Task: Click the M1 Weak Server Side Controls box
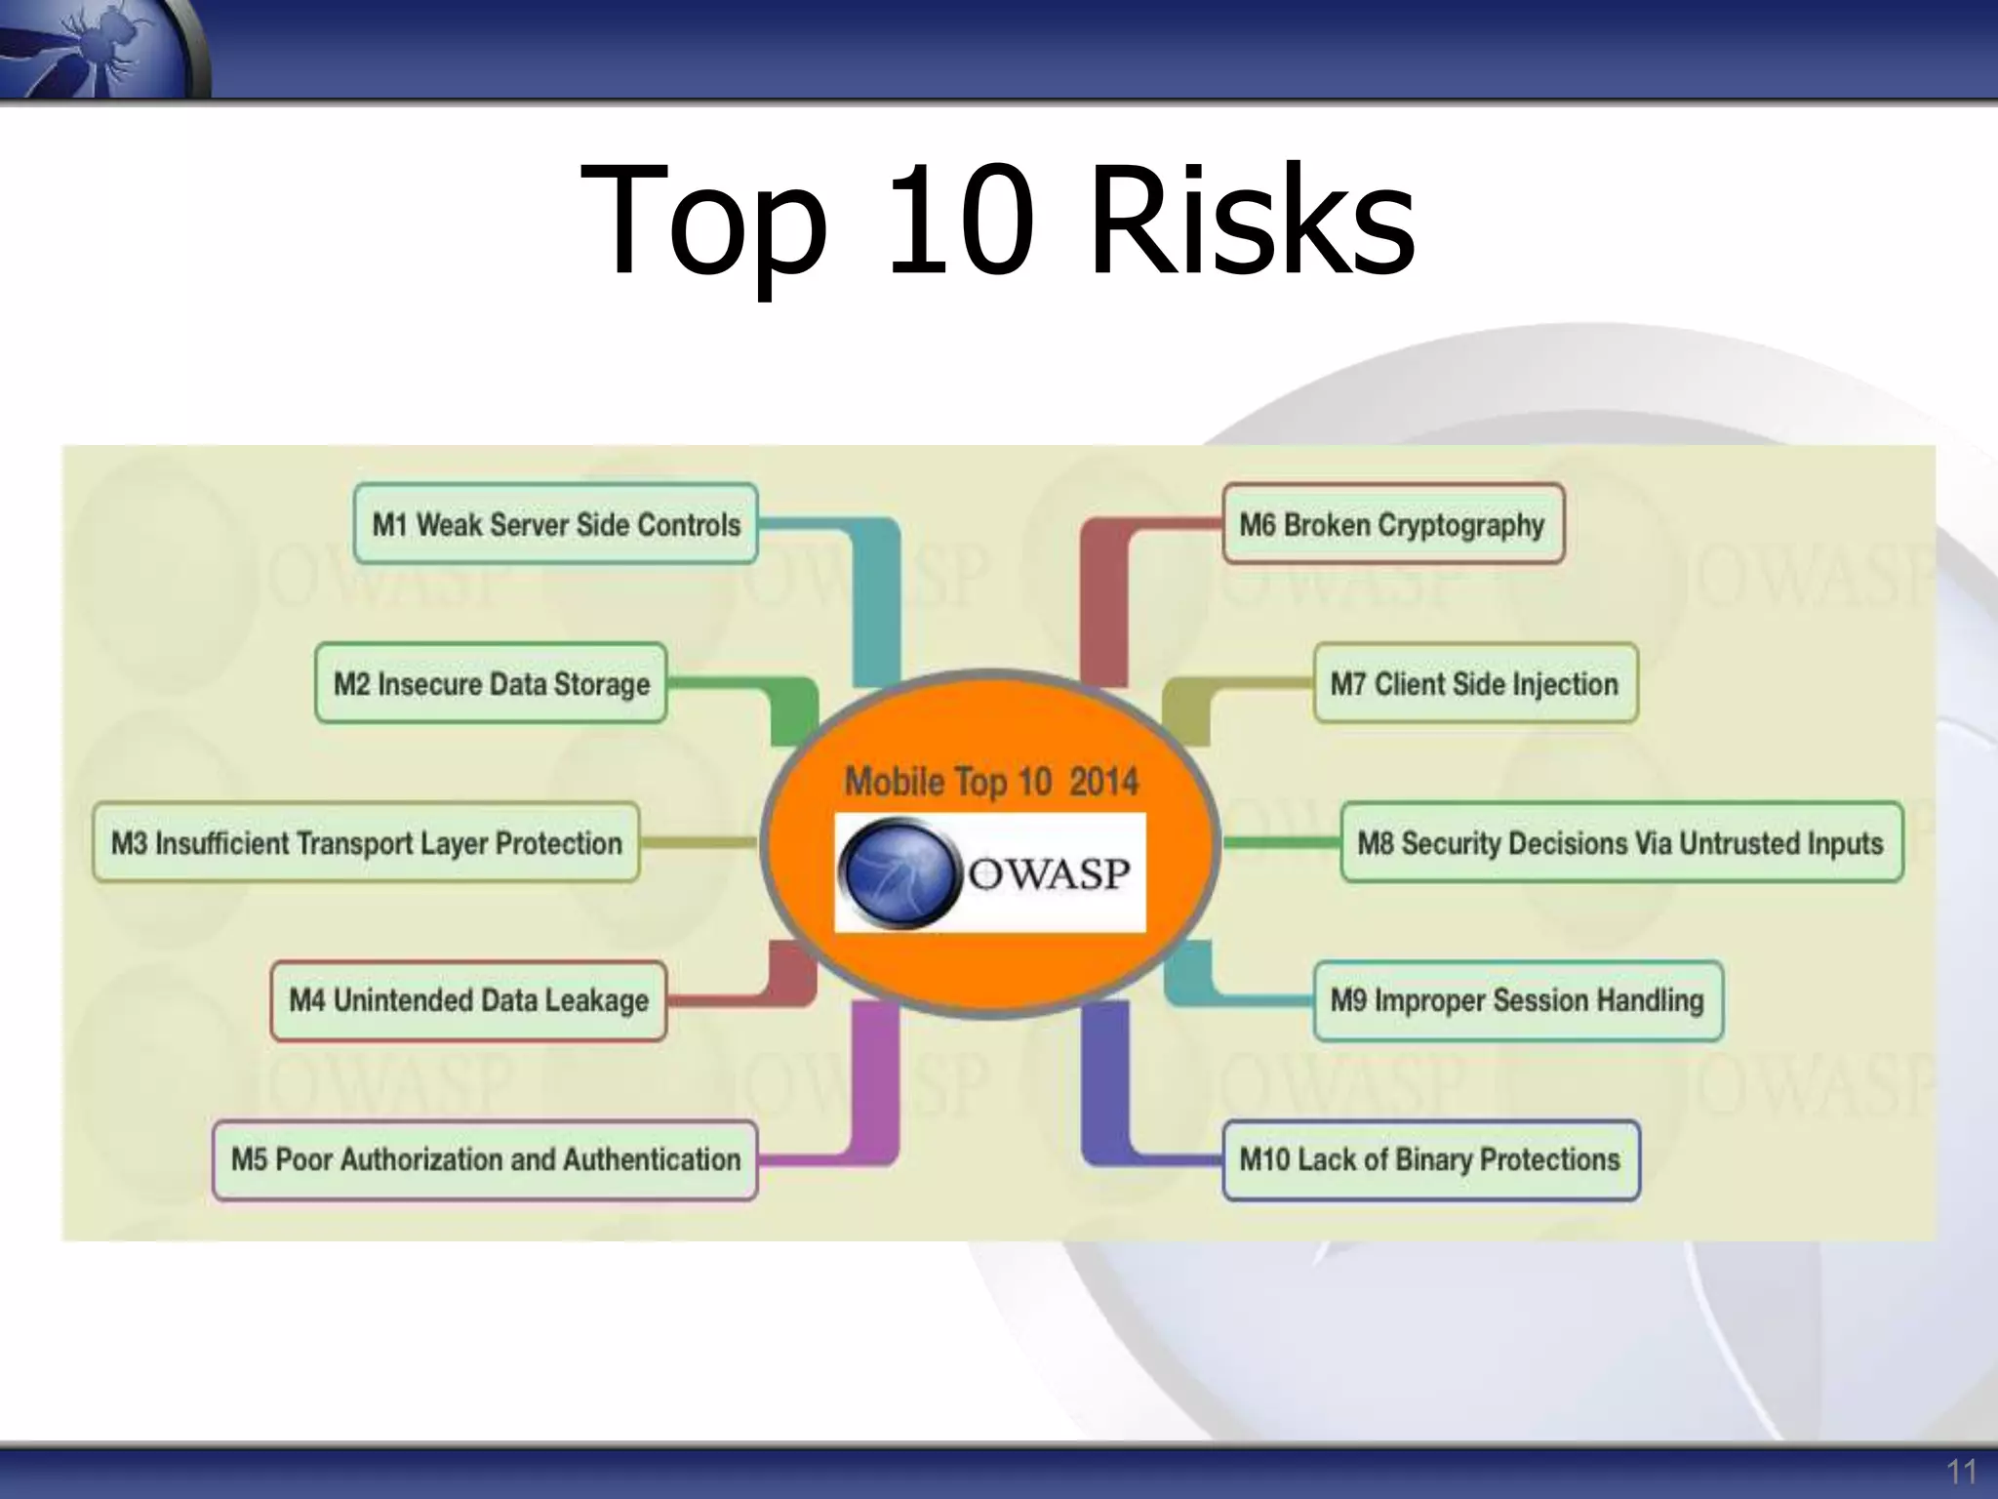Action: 556,524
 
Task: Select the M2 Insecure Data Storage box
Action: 491,683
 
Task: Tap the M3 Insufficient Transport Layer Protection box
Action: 366,842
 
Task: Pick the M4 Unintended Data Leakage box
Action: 468,1000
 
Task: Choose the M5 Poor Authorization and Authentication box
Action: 485,1159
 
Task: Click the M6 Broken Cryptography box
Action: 1392,524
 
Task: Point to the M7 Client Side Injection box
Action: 1474,683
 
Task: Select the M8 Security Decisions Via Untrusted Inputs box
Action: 1620,842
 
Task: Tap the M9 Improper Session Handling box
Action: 1517,1000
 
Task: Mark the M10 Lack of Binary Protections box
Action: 1429,1159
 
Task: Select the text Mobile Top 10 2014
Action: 991,782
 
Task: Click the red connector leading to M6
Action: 1104,595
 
